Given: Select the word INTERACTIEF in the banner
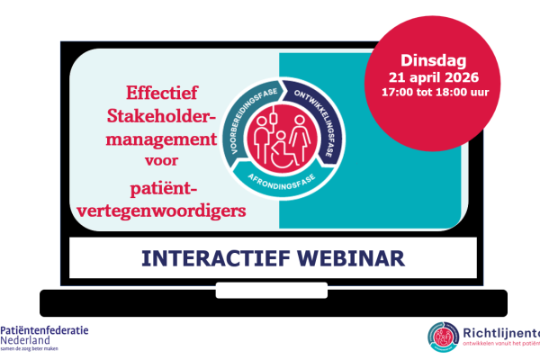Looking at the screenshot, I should coord(208,258).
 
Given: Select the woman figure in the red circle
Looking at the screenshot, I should coord(298,133).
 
